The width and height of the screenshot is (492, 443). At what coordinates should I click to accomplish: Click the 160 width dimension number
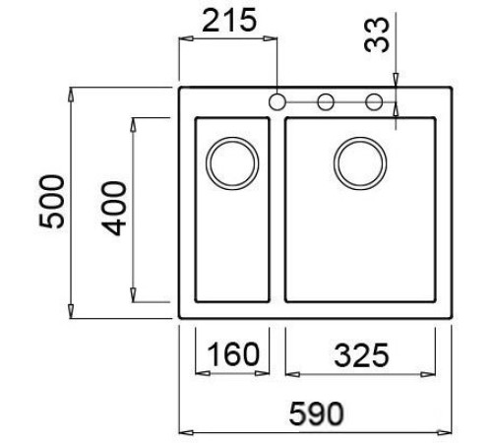coord(232,352)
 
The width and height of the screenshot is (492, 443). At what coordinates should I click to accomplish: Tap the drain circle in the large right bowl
coord(359,159)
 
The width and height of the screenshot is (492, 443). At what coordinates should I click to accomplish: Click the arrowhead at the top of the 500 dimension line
coord(72,93)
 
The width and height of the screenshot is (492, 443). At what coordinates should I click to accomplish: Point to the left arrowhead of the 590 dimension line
coord(183,431)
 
